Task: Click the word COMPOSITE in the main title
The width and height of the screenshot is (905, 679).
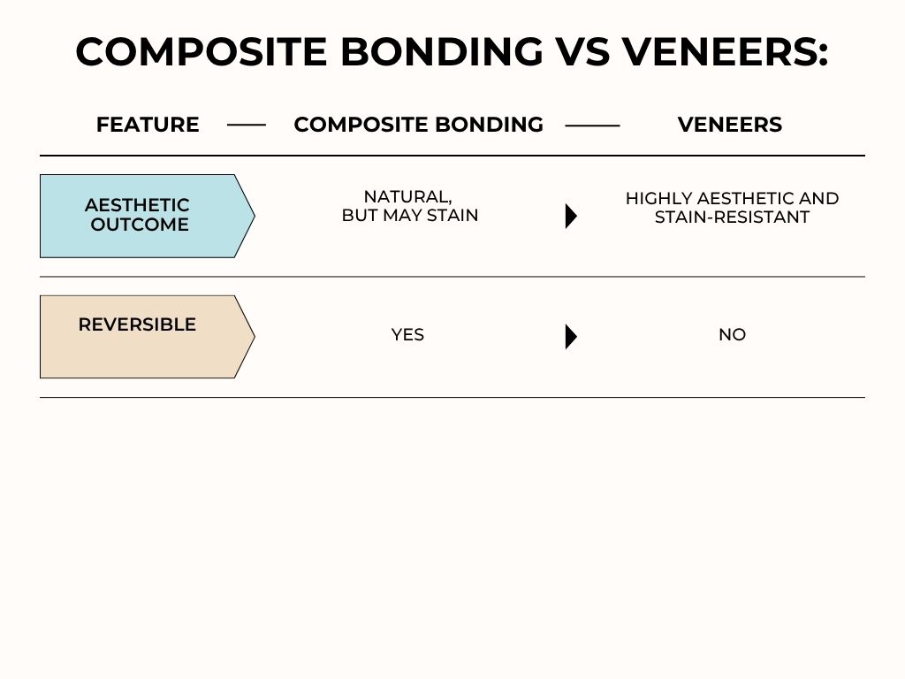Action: (201, 51)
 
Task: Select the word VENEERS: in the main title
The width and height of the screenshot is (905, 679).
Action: (725, 51)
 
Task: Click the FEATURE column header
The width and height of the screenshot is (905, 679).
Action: (148, 125)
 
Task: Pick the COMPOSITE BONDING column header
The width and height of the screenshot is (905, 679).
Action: (418, 125)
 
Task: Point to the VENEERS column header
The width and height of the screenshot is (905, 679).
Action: (729, 125)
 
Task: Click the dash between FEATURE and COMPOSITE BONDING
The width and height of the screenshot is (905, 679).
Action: (247, 126)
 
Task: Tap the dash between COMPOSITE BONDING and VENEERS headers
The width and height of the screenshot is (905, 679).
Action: (592, 126)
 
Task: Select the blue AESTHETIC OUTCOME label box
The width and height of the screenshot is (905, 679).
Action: (141, 216)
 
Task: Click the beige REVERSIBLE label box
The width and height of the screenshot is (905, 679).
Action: (141, 337)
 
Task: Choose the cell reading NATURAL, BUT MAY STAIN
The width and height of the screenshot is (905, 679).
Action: (409, 206)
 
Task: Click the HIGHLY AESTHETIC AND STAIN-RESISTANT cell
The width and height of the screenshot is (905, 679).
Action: (732, 208)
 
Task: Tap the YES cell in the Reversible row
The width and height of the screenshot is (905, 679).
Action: (407, 335)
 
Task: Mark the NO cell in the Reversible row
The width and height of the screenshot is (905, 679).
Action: (732, 335)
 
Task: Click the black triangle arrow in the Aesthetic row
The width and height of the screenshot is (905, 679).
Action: (571, 216)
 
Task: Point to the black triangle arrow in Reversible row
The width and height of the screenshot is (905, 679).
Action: (571, 337)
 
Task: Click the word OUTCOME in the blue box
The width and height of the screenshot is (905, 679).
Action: (140, 225)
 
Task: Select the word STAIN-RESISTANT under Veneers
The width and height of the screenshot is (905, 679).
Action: (732, 217)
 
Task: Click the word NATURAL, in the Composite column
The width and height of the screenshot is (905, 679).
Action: (407, 197)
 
